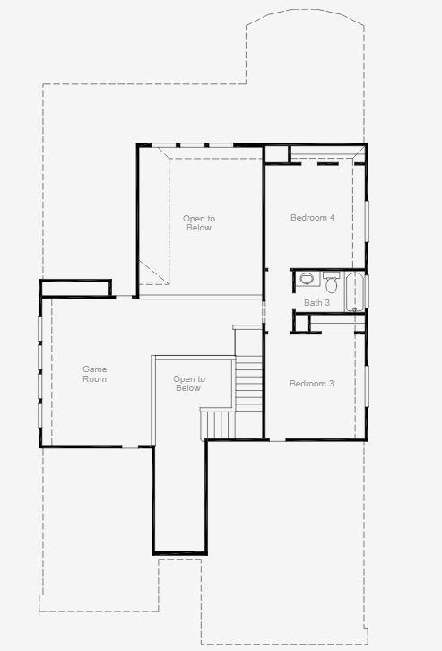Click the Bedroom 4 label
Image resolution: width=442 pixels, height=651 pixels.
(x=311, y=218)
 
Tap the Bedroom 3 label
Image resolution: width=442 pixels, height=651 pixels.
(x=311, y=384)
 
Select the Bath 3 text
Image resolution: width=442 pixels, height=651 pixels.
(x=316, y=303)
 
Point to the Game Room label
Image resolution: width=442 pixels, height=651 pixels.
(x=94, y=374)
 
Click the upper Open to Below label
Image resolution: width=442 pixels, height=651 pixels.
(x=198, y=223)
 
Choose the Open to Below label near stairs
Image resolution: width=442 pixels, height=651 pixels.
(x=188, y=384)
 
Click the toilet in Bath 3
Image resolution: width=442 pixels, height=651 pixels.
(x=331, y=285)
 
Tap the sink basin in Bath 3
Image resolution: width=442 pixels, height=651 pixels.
(x=307, y=279)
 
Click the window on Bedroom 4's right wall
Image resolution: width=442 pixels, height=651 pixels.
(x=366, y=220)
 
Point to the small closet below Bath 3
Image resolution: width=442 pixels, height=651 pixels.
(x=301, y=323)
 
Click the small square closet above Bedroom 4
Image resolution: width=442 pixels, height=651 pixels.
(x=276, y=153)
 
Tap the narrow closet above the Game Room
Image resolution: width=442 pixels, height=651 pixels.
(x=75, y=288)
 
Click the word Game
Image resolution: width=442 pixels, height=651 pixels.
(x=94, y=369)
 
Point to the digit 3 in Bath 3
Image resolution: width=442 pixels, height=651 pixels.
(x=327, y=303)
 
